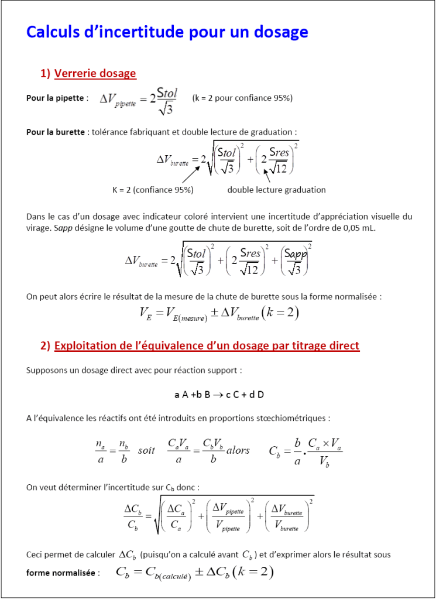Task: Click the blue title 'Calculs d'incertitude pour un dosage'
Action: click(x=167, y=32)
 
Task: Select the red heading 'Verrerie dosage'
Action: click(x=95, y=73)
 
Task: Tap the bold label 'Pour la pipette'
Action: click(x=55, y=98)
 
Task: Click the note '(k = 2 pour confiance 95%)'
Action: click(x=242, y=98)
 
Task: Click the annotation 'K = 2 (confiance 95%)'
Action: click(x=153, y=190)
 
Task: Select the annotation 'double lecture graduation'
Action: click(x=276, y=190)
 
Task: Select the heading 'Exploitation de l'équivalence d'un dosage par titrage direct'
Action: click(x=207, y=345)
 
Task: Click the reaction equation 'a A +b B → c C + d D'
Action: click(x=219, y=394)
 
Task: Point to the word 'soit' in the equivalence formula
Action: click(x=146, y=450)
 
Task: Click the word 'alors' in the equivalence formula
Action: click(x=238, y=450)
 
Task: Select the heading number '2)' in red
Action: click(x=45, y=345)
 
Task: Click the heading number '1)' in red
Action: click(x=45, y=73)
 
